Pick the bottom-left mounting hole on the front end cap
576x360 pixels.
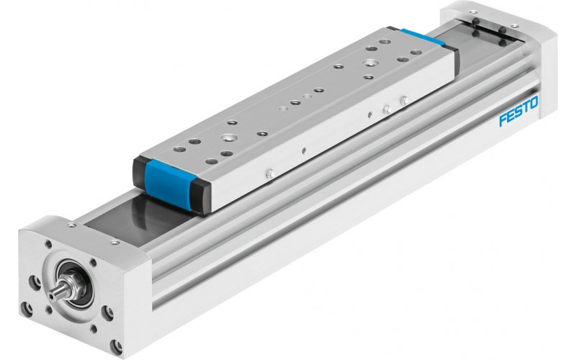[x=28, y=310]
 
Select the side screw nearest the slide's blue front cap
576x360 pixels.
[x=271, y=173]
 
